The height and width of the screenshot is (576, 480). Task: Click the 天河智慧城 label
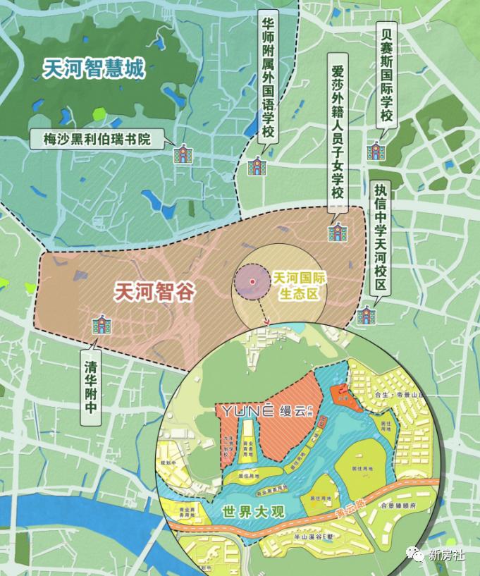tap(93, 68)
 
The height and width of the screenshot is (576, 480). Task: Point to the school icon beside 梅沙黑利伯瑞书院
tap(184, 154)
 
